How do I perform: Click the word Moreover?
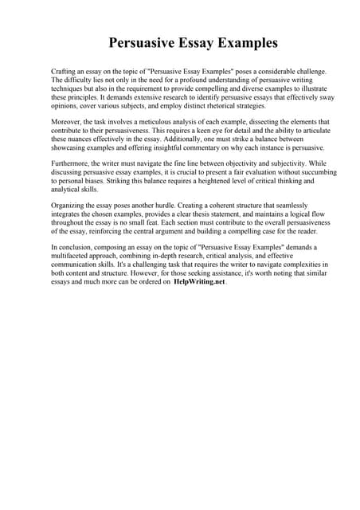(67, 121)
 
